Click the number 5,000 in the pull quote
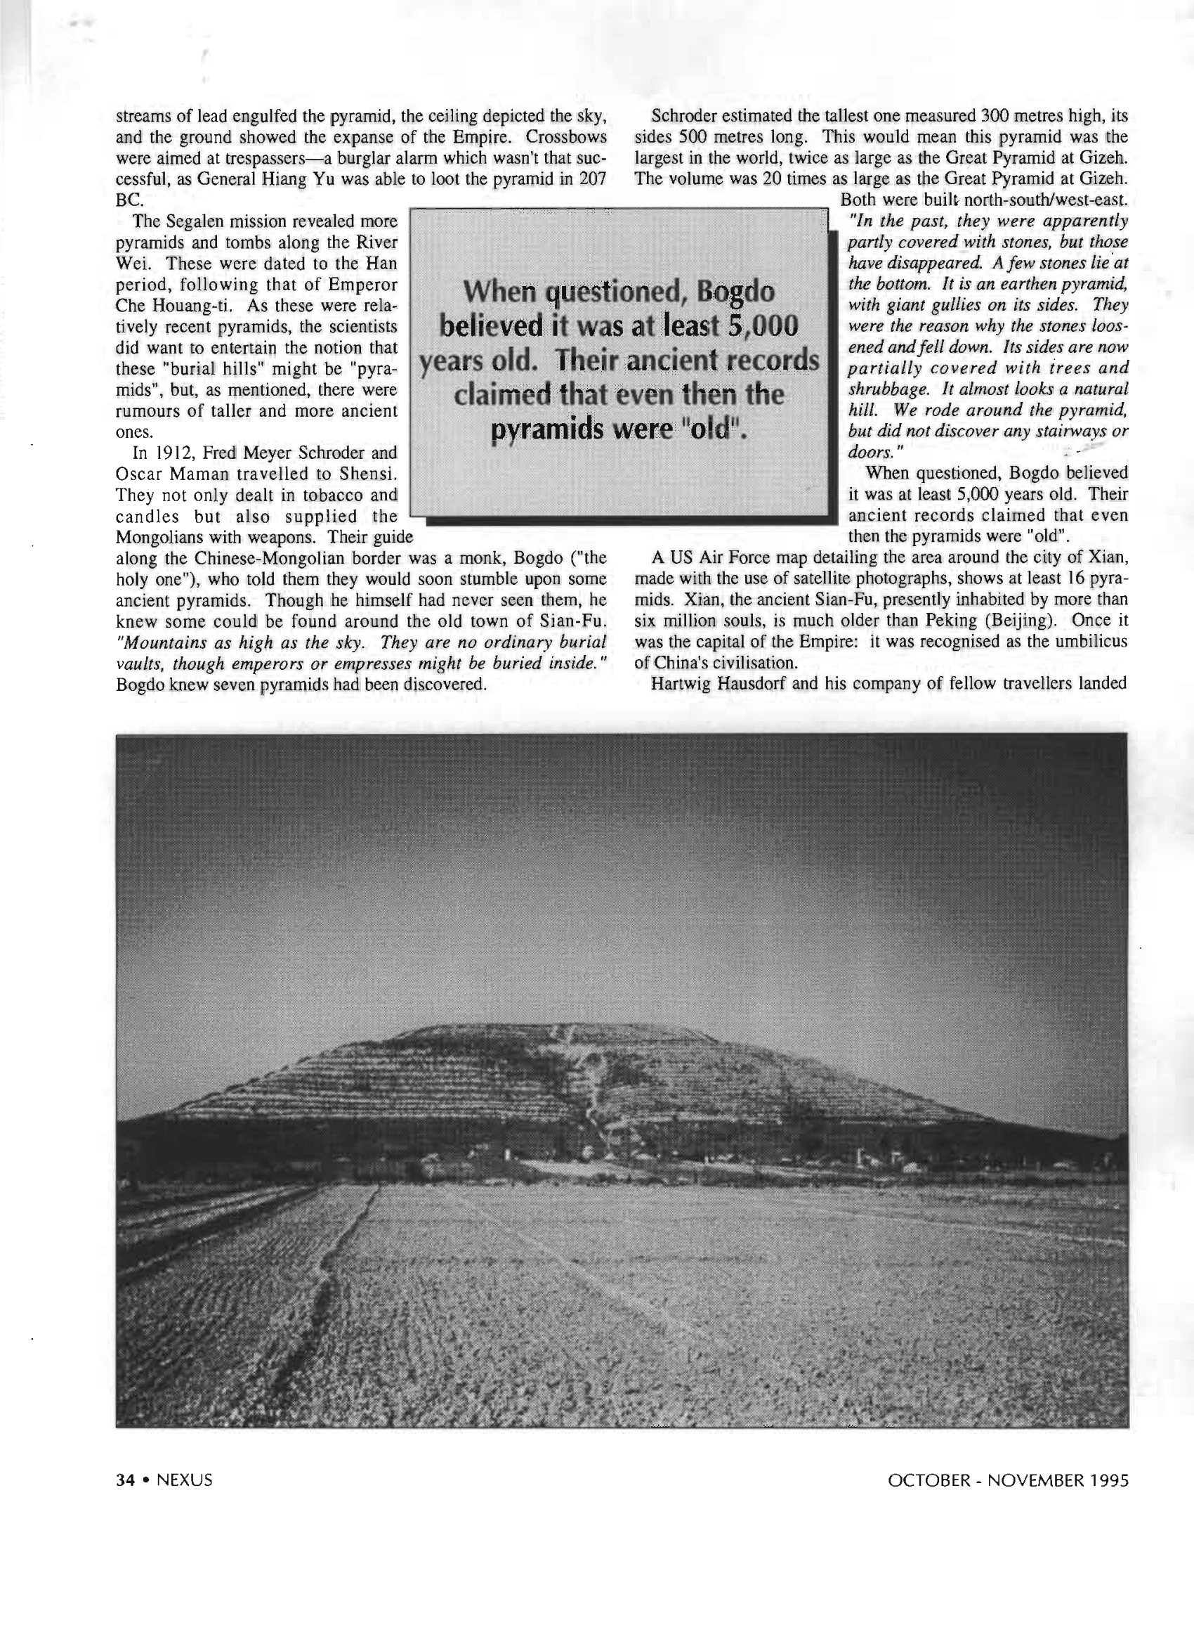point(762,326)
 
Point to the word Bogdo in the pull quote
point(735,292)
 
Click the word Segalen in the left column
point(197,221)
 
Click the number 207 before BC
point(592,179)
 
